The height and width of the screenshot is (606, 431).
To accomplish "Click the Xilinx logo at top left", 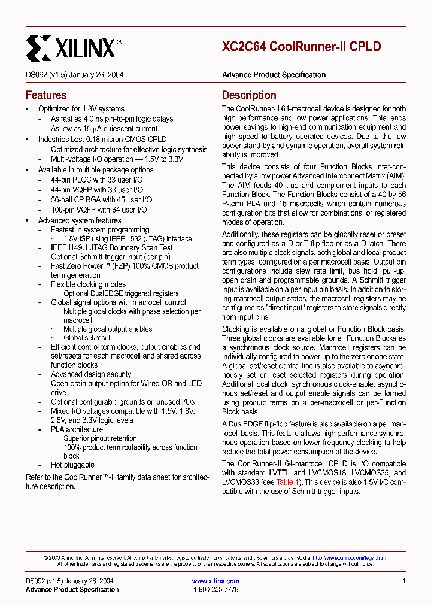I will [71, 47].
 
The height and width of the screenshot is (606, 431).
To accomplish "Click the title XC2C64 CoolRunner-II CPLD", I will [301, 47].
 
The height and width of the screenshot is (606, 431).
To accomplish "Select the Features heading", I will [46, 95].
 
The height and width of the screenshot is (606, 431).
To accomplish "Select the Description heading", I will [249, 95].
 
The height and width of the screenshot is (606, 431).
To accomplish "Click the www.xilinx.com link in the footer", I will [215, 581].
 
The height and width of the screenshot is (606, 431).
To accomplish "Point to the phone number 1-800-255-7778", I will [215, 590].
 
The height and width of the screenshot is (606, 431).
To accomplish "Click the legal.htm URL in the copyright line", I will [350, 557].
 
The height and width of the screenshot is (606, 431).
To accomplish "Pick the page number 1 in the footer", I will [404, 581].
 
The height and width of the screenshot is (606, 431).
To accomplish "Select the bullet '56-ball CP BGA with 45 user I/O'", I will [101, 199].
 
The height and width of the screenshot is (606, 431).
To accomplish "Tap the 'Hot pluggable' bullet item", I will [72, 465].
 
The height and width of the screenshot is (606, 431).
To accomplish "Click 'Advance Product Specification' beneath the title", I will [274, 75].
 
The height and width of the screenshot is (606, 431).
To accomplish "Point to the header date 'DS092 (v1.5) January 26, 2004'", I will [75, 75].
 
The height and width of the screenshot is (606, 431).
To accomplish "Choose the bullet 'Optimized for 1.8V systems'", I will [81, 109].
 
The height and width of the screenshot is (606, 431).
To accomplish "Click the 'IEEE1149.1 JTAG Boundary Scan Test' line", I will [111, 247].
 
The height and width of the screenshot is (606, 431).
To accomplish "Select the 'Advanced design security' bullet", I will [91, 374].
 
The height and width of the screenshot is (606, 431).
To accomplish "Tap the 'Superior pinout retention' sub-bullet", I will [100, 438].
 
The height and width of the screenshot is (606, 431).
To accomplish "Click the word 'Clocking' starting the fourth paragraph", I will [236, 329].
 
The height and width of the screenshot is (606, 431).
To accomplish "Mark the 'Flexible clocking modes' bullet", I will [88, 284].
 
